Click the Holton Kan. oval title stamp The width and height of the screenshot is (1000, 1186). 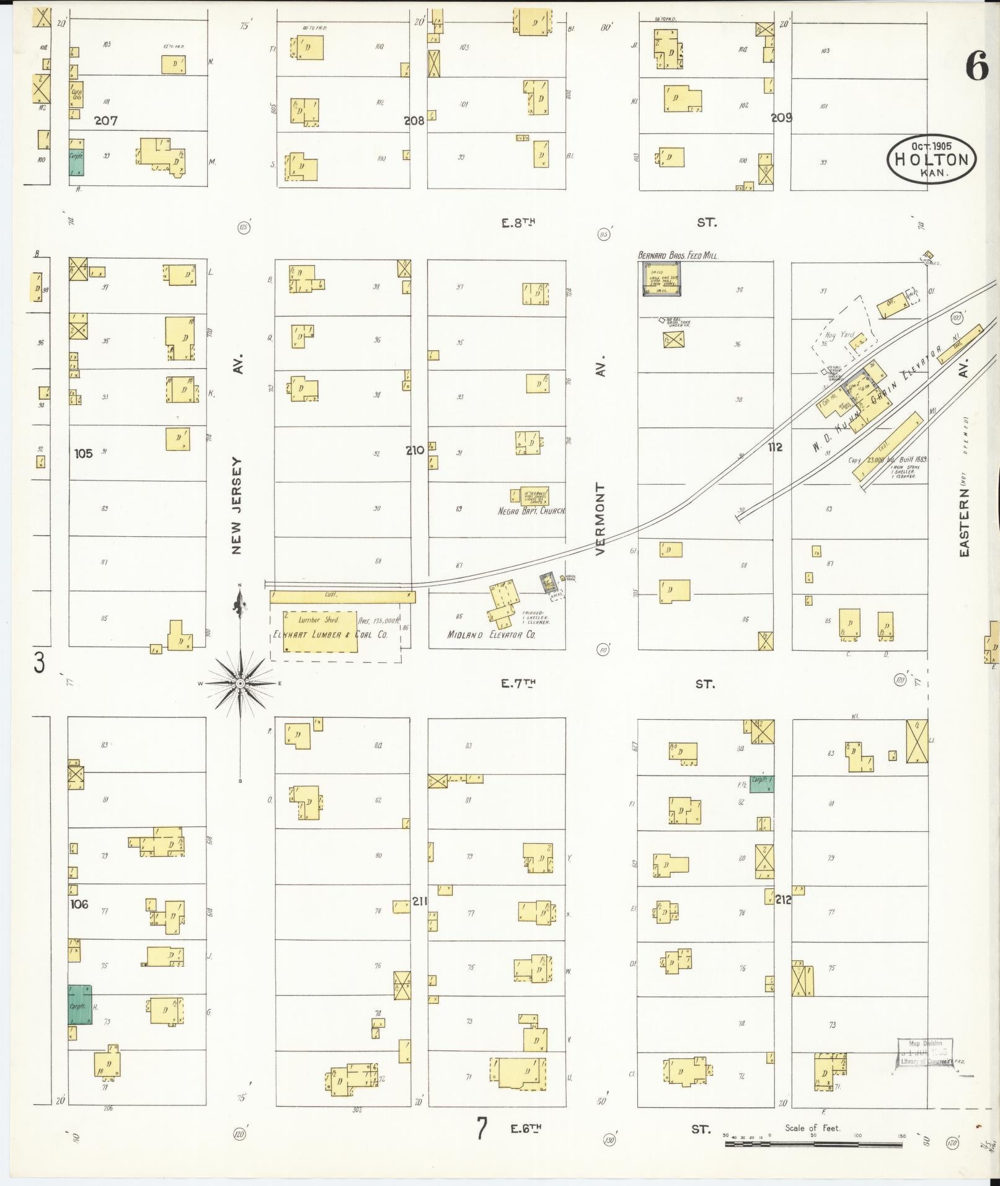point(931,159)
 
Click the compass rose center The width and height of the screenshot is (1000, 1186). point(241,683)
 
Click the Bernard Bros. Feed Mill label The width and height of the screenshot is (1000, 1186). point(678,255)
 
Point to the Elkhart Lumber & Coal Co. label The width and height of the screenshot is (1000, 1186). point(330,635)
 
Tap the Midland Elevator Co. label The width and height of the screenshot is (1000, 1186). point(491,635)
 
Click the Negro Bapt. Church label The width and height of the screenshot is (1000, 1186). point(531,511)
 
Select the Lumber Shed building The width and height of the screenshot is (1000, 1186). point(320,631)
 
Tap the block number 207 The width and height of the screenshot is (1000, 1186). point(106,121)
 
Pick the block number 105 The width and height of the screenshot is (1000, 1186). point(83,453)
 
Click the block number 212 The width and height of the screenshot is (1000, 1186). point(783,899)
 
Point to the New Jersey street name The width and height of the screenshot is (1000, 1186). point(239,505)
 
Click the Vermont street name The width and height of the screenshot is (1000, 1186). point(600,519)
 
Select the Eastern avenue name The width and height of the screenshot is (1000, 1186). point(963,521)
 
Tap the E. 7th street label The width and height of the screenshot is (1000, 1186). point(518,684)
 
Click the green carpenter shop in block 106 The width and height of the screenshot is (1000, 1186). point(79,1004)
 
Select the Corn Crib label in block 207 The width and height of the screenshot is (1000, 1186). point(76,94)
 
